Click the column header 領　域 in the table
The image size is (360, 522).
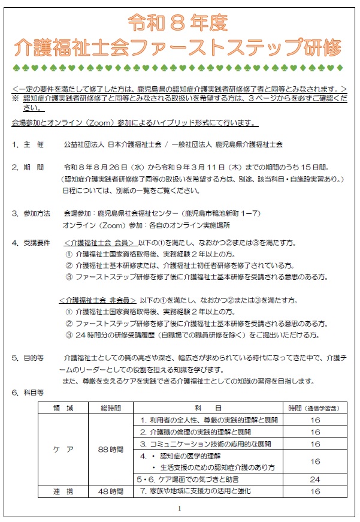pos(63,408)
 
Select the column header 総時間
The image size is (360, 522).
pos(111,408)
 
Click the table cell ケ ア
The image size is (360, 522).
pos(63,449)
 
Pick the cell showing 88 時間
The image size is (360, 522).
pos(111,449)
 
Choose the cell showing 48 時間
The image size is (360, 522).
pos(111,491)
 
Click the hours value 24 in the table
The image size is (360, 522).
pos(315,479)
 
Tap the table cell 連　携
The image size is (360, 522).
pos(63,491)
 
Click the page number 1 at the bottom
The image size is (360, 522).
pos(179,509)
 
